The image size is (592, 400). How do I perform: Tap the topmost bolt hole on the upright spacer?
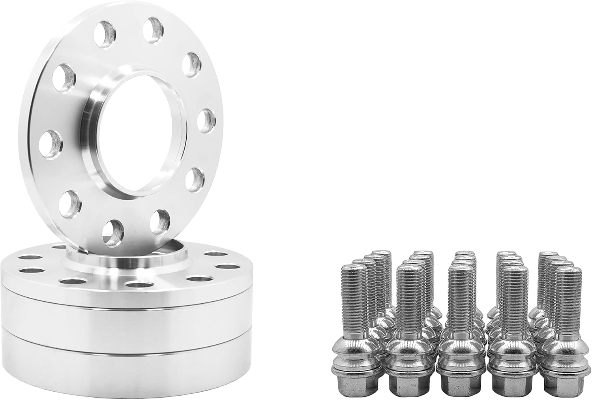click(x=154, y=30)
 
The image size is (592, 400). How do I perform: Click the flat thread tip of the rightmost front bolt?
click(x=569, y=269)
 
